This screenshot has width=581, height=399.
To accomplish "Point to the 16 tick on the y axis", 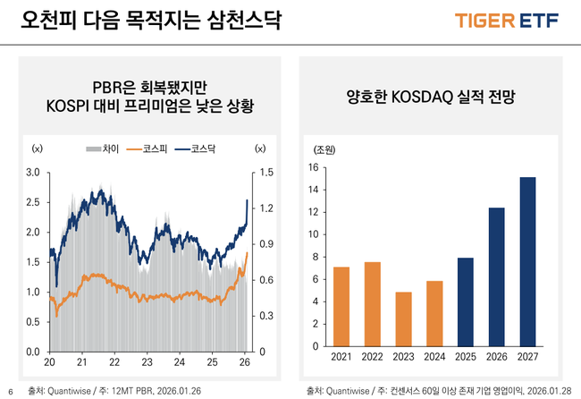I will (314, 167).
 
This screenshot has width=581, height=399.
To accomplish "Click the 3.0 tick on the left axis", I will (32, 172).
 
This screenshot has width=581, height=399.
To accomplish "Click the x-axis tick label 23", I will (147, 361).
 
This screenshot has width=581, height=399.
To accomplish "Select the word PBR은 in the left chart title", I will (114, 88).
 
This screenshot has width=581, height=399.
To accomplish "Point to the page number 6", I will (10, 390).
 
